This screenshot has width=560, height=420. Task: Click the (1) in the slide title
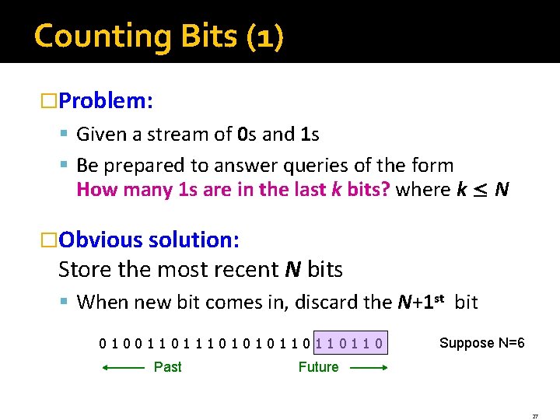[x=264, y=37]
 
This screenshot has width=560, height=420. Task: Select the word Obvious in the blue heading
[x=98, y=240]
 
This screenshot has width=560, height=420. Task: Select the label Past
[x=168, y=367]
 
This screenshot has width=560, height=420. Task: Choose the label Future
[x=318, y=367]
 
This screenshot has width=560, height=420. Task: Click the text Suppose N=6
[x=481, y=343]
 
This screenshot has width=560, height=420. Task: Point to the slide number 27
[x=534, y=416]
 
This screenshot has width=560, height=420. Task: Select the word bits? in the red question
[x=364, y=190]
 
